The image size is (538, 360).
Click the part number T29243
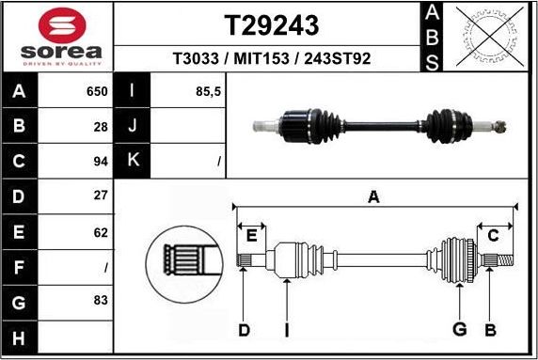click(x=271, y=25)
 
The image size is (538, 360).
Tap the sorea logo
click(x=58, y=38)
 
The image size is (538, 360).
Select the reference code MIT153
click(x=271, y=58)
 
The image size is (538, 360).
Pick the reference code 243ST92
click(x=336, y=58)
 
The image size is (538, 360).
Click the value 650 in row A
click(x=97, y=92)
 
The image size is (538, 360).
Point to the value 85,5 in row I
click(x=208, y=92)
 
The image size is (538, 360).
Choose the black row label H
click(x=20, y=337)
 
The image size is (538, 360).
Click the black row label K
click(x=133, y=161)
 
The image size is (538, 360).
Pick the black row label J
click(x=133, y=126)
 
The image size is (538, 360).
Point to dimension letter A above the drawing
click(x=373, y=196)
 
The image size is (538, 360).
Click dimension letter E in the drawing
click(x=251, y=235)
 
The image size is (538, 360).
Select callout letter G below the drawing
click(x=459, y=329)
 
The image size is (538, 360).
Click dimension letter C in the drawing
click(x=492, y=235)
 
